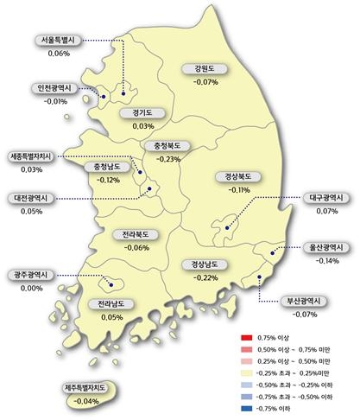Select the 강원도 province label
tap(205, 68)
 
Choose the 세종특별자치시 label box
tap(34, 157)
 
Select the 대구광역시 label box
tap(327, 197)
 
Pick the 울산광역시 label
tap(327, 247)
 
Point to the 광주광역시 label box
tap(30, 276)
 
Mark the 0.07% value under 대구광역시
tap(327, 210)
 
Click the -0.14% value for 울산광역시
tap(327, 260)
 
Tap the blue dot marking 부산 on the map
tap(261, 277)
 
